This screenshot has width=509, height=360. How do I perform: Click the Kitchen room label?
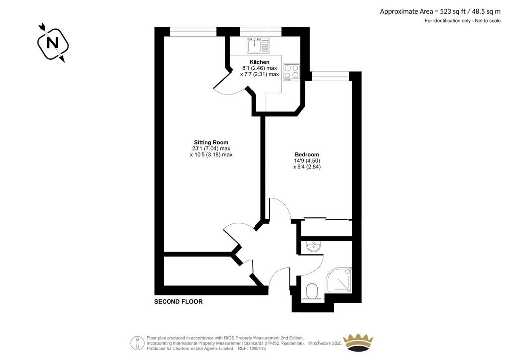(x=259, y=62)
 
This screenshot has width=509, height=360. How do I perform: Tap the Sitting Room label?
(x=211, y=142)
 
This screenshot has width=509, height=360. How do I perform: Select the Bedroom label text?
(x=307, y=155)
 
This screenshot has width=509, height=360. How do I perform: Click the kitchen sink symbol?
(x=258, y=45)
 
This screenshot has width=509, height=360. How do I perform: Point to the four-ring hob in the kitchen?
(x=291, y=72)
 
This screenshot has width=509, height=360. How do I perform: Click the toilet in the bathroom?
(x=312, y=291)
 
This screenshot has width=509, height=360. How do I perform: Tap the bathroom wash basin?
(x=313, y=247)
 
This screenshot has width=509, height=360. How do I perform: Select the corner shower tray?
(x=339, y=280)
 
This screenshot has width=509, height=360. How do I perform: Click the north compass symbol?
(x=53, y=43)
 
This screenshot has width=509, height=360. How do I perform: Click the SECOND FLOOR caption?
(x=178, y=302)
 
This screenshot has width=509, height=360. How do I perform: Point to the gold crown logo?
(x=358, y=342)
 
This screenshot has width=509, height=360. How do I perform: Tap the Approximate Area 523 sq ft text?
(x=440, y=12)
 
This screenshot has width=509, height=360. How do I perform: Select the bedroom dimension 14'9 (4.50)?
(x=307, y=161)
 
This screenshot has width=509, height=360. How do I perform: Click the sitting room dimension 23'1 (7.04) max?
(x=211, y=148)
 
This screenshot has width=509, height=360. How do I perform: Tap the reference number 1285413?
(x=256, y=348)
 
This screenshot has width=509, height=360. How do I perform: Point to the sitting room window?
(x=193, y=32)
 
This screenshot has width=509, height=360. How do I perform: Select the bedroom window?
(x=331, y=76)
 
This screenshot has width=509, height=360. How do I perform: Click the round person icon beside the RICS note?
(x=138, y=343)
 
